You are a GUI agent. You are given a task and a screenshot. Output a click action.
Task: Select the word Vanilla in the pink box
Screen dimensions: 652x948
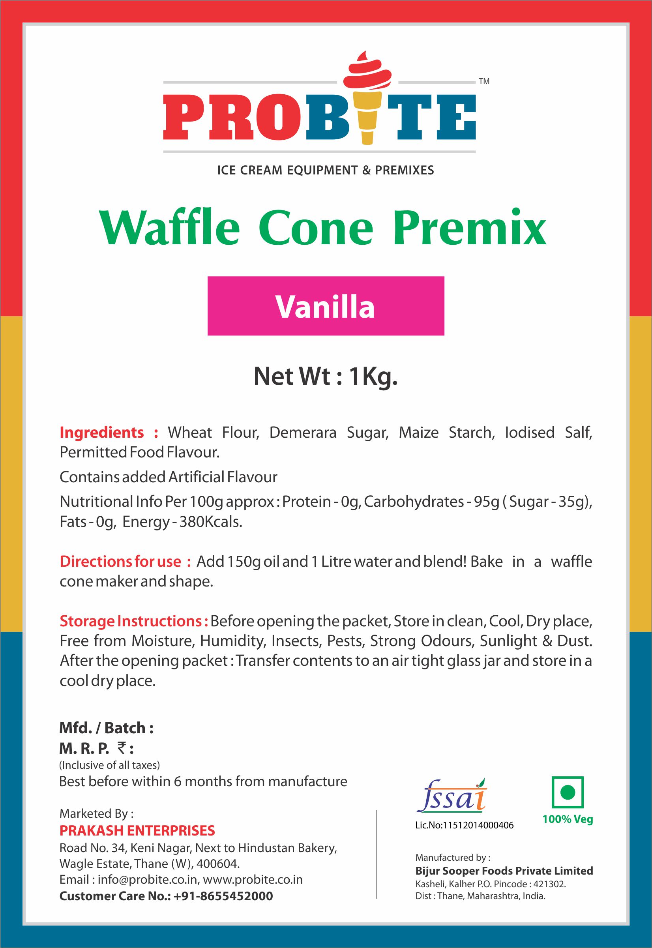point(325,307)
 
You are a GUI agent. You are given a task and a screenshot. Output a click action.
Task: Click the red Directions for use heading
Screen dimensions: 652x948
point(125,562)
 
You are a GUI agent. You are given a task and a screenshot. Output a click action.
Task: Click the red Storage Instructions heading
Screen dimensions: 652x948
point(134,621)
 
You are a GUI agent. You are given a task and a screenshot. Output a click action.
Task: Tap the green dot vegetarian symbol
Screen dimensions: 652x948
point(568,793)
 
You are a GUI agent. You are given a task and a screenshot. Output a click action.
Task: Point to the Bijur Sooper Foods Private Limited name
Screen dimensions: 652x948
point(504,871)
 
